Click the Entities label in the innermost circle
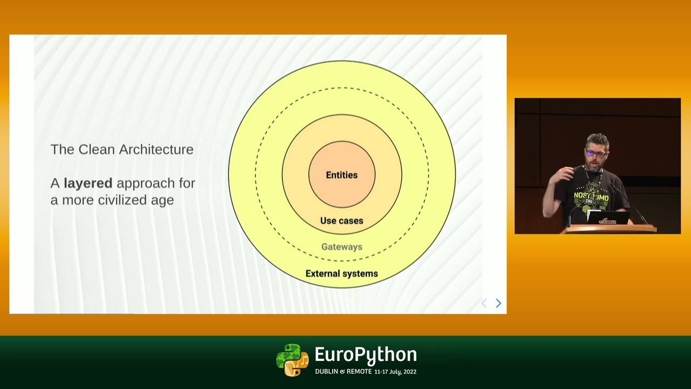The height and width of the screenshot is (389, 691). (x=342, y=175)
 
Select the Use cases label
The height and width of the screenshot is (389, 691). (x=342, y=220)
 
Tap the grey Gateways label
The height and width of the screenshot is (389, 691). (x=342, y=246)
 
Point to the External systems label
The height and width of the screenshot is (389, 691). (x=342, y=273)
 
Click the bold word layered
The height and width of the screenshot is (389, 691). (x=88, y=183)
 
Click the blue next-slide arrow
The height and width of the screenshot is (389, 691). (x=498, y=304)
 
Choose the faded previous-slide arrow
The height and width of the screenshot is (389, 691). (x=484, y=304)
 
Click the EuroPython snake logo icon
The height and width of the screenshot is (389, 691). (x=292, y=360)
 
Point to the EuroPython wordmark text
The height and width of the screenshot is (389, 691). (x=365, y=355)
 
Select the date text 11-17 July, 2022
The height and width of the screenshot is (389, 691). (x=395, y=372)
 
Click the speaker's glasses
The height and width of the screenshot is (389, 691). (x=596, y=154)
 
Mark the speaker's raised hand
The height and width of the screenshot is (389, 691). (x=565, y=173)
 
